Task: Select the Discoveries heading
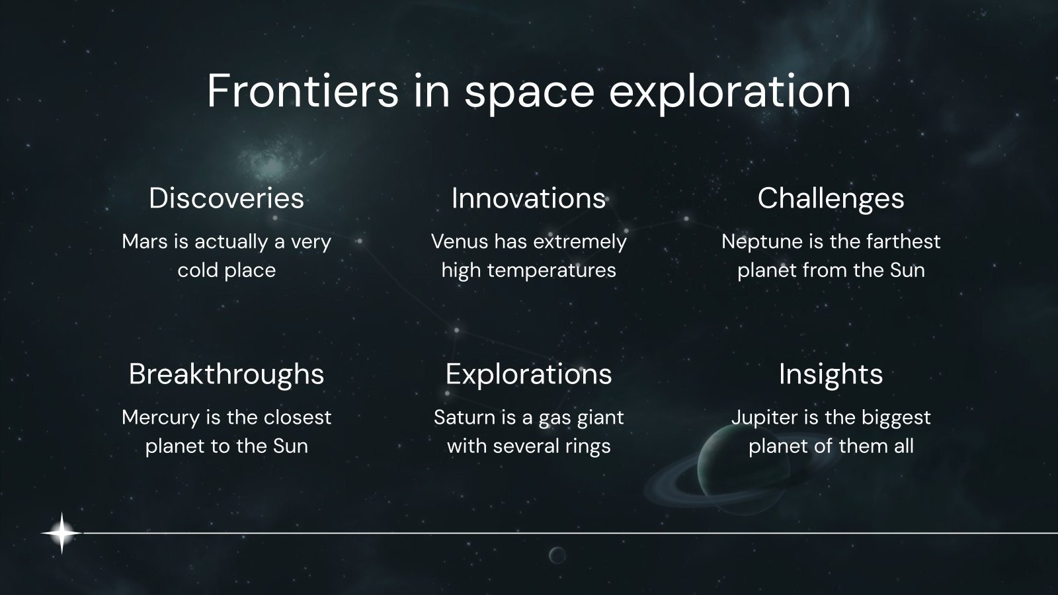[x=226, y=198]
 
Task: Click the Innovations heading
[x=528, y=198]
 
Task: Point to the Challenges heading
[x=831, y=198]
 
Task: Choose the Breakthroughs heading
[x=226, y=374]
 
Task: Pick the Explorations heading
[x=528, y=374]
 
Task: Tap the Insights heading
[x=831, y=374]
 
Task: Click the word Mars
[x=145, y=242]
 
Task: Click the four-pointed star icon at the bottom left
[x=61, y=533]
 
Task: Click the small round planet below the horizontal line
[x=557, y=555]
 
